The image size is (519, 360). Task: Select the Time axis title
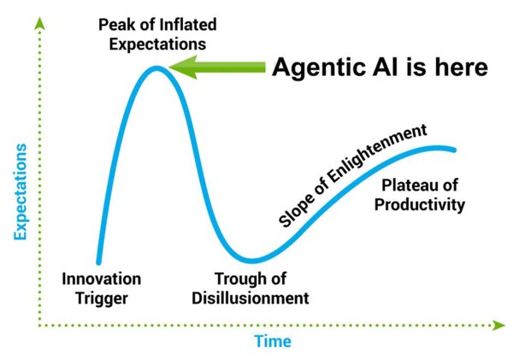coord(273,341)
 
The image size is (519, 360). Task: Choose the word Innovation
coord(102,279)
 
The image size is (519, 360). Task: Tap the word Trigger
coord(102,298)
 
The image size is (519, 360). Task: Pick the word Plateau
coord(408,185)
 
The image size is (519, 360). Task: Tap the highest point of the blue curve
coord(156,68)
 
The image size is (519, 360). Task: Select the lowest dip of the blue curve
coord(251,260)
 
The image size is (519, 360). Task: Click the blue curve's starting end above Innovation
coord(98,261)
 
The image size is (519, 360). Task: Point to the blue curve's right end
coord(454,150)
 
